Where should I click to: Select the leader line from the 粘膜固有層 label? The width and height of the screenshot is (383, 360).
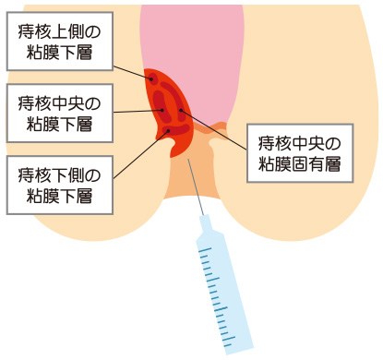click(x=217, y=133)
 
